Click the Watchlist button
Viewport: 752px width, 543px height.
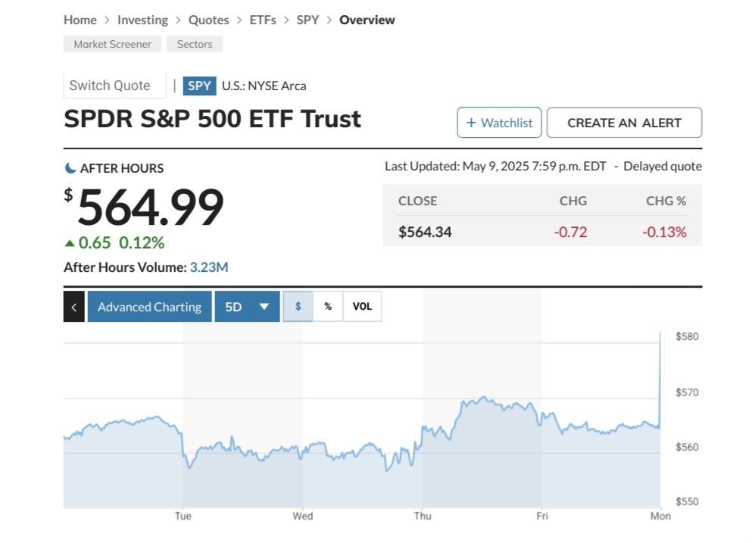point(499,123)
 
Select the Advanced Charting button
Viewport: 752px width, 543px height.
point(149,307)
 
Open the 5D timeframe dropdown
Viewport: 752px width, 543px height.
point(247,307)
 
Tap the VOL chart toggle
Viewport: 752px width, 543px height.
point(363,307)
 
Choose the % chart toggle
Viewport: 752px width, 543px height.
point(328,307)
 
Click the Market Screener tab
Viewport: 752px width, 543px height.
point(112,44)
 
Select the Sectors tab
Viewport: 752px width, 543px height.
point(195,44)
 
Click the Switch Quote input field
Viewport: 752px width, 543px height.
point(114,86)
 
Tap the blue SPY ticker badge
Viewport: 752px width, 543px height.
point(199,86)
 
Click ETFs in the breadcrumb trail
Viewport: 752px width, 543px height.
point(263,20)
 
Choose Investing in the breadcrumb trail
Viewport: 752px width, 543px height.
point(142,20)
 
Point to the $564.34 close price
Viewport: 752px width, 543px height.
point(425,232)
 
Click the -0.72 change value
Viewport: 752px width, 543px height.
point(571,232)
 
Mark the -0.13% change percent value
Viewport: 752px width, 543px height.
point(664,232)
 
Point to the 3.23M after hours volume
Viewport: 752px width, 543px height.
point(209,267)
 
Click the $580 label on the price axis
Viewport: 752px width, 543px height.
point(687,336)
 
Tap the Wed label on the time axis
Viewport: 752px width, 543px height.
point(303,516)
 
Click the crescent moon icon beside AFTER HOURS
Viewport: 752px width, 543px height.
point(70,168)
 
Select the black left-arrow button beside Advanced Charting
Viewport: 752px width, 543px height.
point(73,307)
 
